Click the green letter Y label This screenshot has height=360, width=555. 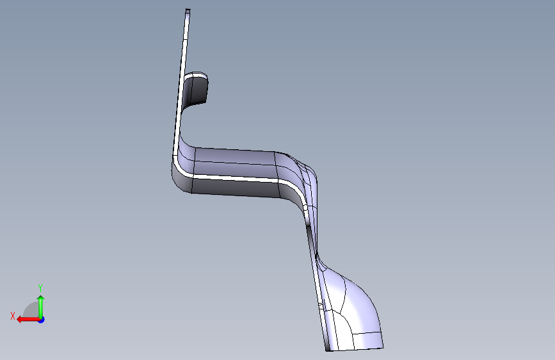40,288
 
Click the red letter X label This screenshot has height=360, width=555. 13,316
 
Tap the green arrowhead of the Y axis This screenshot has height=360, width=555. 41,299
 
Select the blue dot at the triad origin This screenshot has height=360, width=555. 41,320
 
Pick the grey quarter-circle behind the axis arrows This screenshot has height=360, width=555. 32,311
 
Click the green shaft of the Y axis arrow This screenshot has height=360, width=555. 41,309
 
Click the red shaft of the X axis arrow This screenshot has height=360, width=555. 31,320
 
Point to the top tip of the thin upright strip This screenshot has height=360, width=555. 188,10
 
